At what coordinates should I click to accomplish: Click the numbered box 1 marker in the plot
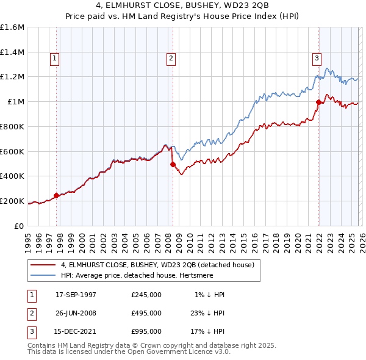[54, 59]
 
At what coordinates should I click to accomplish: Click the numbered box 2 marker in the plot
[170, 59]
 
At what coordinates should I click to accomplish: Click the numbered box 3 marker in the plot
[317, 59]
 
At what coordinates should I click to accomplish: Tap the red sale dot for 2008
[173, 164]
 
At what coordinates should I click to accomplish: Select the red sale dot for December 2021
[318, 102]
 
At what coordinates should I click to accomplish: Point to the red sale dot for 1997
[57, 195]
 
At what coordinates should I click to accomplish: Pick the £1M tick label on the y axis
[16, 102]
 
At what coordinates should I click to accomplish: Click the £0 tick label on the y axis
[20, 226]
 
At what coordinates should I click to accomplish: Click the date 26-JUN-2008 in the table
[76, 313]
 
